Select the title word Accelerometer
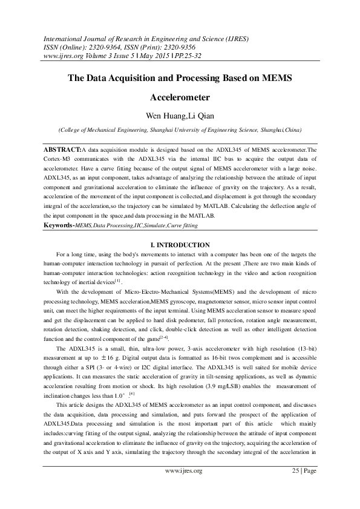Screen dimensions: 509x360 click(180, 97)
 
